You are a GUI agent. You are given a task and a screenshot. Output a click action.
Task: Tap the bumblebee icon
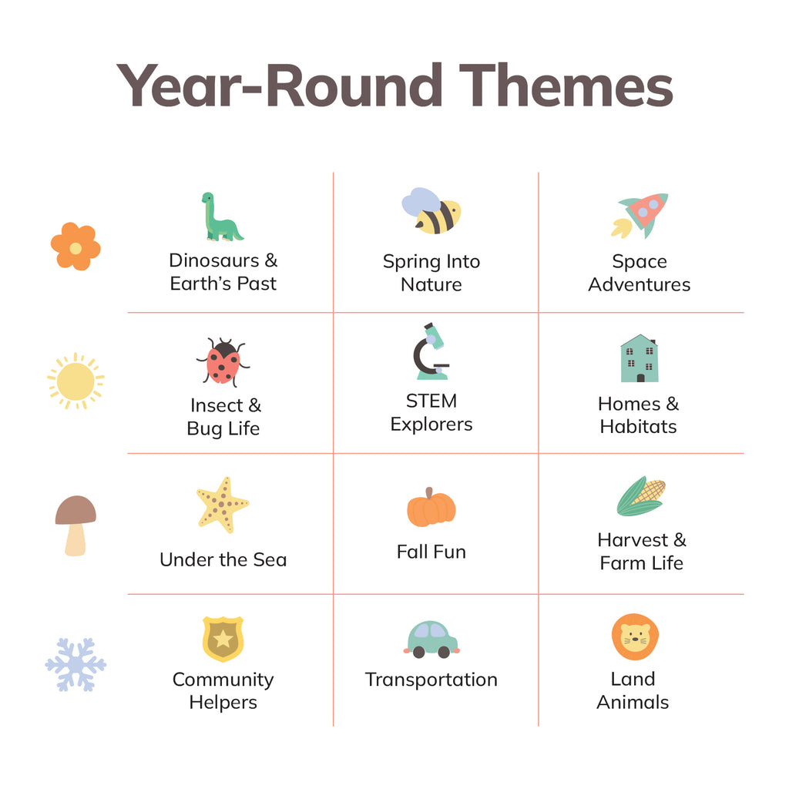coord(431,211)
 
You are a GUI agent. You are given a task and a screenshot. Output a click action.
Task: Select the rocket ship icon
coord(640,216)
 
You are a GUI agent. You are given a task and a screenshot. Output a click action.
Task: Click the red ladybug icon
coord(223,361)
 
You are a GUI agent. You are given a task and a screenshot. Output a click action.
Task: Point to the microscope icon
coord(431,351)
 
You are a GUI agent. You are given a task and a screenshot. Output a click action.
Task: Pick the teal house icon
coord(640,358)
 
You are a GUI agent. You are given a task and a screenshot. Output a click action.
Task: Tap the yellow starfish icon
coord(223,505)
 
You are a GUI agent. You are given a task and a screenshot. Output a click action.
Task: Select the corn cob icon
coord(641,496)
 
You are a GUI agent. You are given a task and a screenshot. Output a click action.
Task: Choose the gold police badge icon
coord(223,639)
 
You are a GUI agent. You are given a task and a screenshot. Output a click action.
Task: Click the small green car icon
coord(431,640)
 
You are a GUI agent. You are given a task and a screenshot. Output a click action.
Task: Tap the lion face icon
coord(635,637)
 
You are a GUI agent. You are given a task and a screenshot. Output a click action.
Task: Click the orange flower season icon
coord(76,247)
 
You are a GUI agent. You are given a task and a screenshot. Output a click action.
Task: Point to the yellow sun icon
coord(76,381)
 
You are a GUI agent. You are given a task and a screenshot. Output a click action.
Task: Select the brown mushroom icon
coord(76,525)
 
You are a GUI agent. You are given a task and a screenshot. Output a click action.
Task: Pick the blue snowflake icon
coord(76,665)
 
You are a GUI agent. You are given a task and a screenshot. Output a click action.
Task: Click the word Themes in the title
coord(566,86)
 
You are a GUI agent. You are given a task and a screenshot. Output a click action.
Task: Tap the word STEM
coord(431,401)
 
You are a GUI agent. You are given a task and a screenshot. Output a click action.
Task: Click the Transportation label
coord(431,680)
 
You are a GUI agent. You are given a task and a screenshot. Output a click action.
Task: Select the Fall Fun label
coord(431,552)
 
